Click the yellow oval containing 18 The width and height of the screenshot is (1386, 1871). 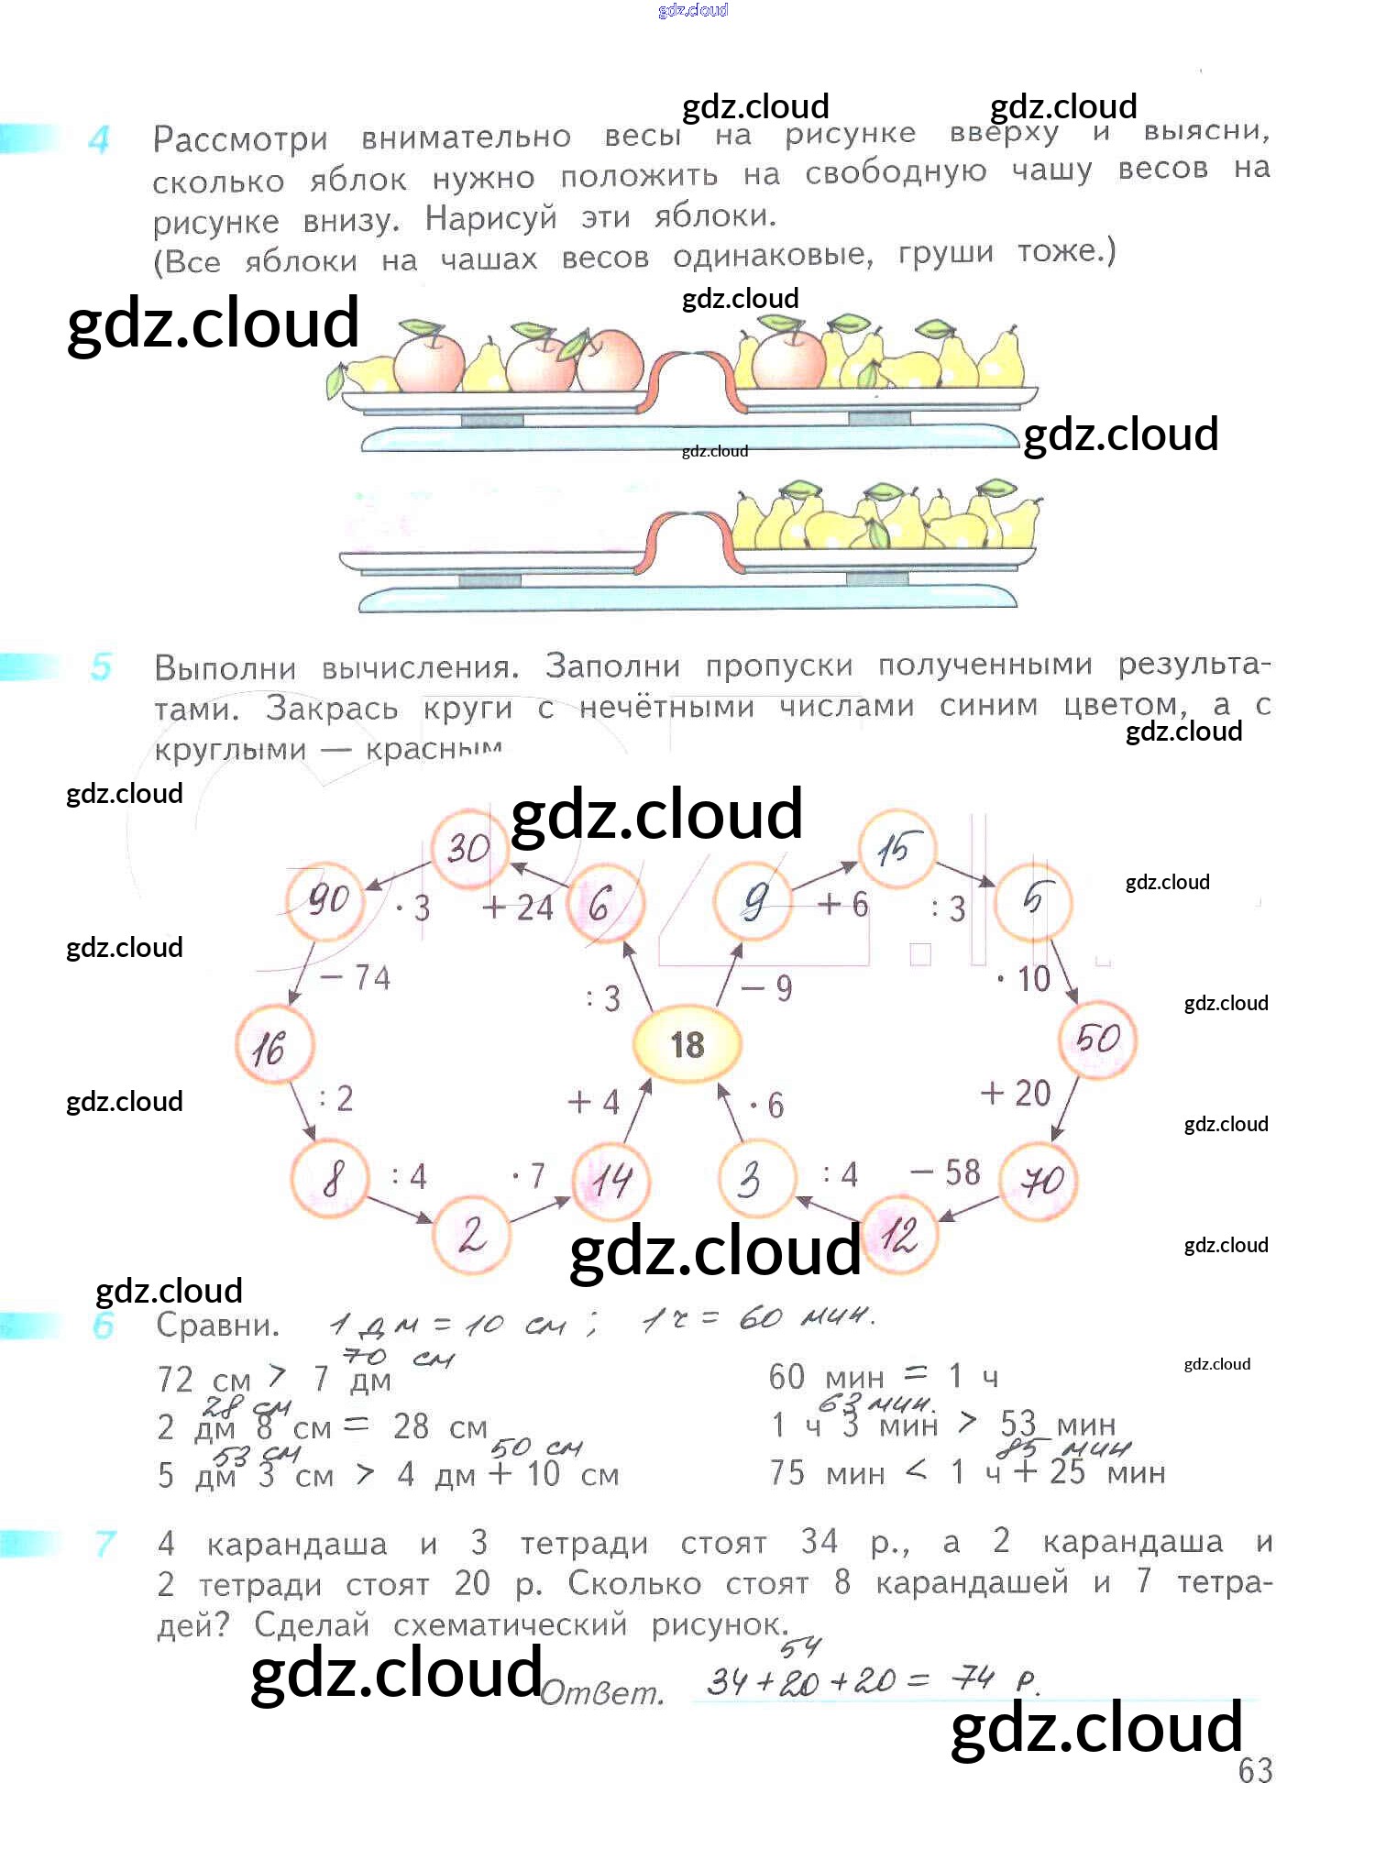[687, 1044]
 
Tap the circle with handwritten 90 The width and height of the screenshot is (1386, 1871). [326, 901]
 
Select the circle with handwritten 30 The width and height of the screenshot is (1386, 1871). [468, 848]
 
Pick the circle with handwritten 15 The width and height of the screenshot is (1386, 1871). [896, 849]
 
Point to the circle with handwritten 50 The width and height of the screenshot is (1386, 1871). [1097, 1040]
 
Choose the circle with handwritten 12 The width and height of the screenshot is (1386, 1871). [899, 1235]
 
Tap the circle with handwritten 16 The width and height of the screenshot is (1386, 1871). [272, 1046]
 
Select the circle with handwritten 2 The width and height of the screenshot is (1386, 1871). [471, 1234]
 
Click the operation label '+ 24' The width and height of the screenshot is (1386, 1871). [518, 908]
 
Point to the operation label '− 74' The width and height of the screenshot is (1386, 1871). [356, 977]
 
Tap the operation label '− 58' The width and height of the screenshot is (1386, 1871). [946, 1172]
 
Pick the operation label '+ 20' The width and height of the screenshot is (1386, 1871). [1016, 1093]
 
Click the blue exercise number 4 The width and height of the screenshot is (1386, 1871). [99, 139]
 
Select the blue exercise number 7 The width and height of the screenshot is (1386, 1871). [104, 1544]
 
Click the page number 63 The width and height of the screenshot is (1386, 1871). [1254, 1771]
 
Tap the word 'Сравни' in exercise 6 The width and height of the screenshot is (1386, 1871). [216, 1326]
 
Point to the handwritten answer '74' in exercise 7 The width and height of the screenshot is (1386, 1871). [972, 1678]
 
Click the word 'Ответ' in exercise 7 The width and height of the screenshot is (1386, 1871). [601, 1692]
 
